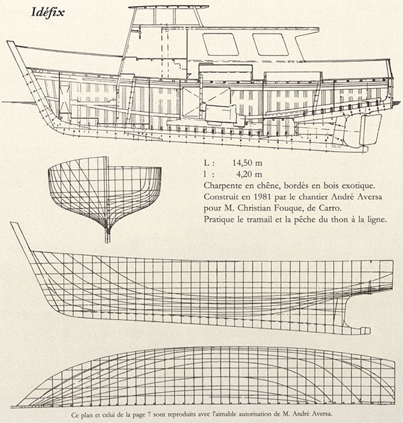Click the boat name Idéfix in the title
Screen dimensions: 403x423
point(48,13)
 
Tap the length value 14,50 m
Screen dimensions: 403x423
point(247,163)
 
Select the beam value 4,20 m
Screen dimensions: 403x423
point(249,175)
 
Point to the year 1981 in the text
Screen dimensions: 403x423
point(262,197)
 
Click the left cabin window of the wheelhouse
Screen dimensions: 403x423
point(220,44)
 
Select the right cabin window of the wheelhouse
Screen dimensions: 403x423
point(270,44)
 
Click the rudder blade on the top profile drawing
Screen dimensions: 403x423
point(371,130)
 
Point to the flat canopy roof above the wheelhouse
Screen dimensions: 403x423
point(169,7)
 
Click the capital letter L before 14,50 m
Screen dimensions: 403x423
point(206,163)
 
